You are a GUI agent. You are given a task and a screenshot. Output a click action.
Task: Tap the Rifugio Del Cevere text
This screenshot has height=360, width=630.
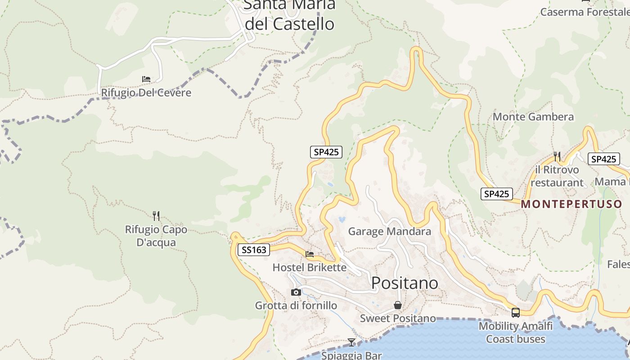pos(146,93)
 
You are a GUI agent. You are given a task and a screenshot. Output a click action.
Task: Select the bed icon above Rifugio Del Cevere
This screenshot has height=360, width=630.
pos(146,79)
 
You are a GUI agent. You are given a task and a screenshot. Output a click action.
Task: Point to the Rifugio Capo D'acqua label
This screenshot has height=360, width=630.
pos(156,236)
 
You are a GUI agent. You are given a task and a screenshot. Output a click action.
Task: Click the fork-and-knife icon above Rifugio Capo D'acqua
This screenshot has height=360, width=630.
pos(156,216)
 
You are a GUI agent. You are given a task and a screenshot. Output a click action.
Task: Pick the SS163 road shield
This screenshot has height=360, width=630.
pos(254,250)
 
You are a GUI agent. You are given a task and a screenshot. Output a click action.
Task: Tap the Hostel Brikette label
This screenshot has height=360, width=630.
pos(310,267)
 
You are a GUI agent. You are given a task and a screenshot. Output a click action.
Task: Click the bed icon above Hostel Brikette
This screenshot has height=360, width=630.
pos(310,254)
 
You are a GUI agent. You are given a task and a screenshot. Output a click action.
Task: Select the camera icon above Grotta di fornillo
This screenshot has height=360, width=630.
pos(296,292)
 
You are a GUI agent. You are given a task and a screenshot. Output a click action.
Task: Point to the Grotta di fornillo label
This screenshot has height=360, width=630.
pos(296,306)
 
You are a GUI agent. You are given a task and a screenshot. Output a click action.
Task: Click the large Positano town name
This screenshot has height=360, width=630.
pos(405,283)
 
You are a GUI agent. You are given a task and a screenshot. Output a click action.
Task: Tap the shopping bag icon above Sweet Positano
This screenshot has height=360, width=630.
pos(398,305)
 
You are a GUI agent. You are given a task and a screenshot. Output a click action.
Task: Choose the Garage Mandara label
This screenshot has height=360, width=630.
pos(390,232)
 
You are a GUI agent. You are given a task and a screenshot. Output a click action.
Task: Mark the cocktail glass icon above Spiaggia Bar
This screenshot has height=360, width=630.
pos(351,342)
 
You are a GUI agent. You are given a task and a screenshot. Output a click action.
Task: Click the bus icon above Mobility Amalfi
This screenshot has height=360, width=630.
pos(516,312)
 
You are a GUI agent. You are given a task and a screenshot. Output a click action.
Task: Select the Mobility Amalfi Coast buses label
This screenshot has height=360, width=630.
pos(516,332)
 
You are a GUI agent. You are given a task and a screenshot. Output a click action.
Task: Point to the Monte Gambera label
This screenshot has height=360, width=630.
pos(533,117)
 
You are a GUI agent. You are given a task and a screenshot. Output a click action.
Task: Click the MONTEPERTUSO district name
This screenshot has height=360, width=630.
pos(571,204)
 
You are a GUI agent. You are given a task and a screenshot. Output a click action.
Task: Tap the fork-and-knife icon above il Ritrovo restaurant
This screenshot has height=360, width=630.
pos(557,156)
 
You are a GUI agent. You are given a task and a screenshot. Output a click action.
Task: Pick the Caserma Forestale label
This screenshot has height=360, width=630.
pos(585,12)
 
